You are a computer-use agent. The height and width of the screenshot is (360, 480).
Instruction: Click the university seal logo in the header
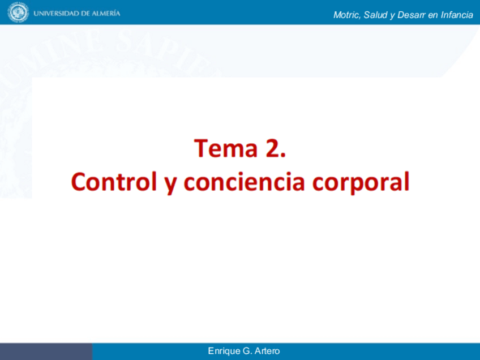(x=18, y=12)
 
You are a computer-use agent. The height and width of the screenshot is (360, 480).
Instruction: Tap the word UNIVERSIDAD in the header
(x=54, y=13)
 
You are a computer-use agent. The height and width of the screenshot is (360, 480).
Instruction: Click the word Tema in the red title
(x=225, y=148)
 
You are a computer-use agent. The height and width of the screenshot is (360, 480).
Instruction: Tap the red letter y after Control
(x=170, y=183)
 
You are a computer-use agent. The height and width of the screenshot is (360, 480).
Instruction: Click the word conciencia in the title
(x=245, y=182)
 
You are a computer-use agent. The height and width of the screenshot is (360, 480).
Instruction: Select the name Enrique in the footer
(x=223, y=352)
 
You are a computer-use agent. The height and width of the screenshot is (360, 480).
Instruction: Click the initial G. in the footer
(x=246, y=352)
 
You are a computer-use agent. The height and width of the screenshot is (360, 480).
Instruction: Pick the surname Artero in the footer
(x=267, y=352)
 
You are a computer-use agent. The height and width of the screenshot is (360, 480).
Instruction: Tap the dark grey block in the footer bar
(x=46, y=352)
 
